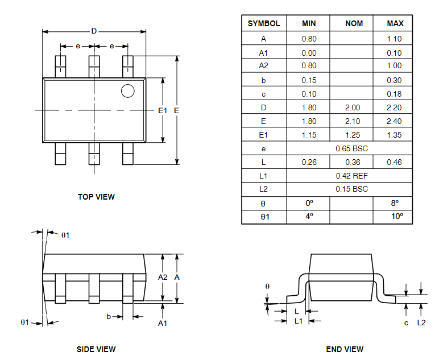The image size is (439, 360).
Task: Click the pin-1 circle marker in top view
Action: coord(127,91)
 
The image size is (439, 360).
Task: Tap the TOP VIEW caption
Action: coord(96,197)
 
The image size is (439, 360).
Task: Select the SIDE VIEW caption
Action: coord(96,349)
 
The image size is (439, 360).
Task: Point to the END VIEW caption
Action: coord(345,349)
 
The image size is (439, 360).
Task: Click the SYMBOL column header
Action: coord(264,23)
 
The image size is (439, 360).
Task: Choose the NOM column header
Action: coord(354,23)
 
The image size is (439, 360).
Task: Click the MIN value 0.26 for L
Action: coord(309,162)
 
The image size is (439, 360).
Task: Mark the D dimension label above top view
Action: coord(94,31)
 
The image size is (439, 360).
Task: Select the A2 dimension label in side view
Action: coord(163,277)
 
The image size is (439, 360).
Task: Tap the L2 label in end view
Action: coord(421,322)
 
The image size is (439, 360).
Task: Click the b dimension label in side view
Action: coord(109,317)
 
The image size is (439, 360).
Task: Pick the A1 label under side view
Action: coord(163,322)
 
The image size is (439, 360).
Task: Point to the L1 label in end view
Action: coord(298,321)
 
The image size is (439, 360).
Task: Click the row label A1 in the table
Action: coord(263,53)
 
